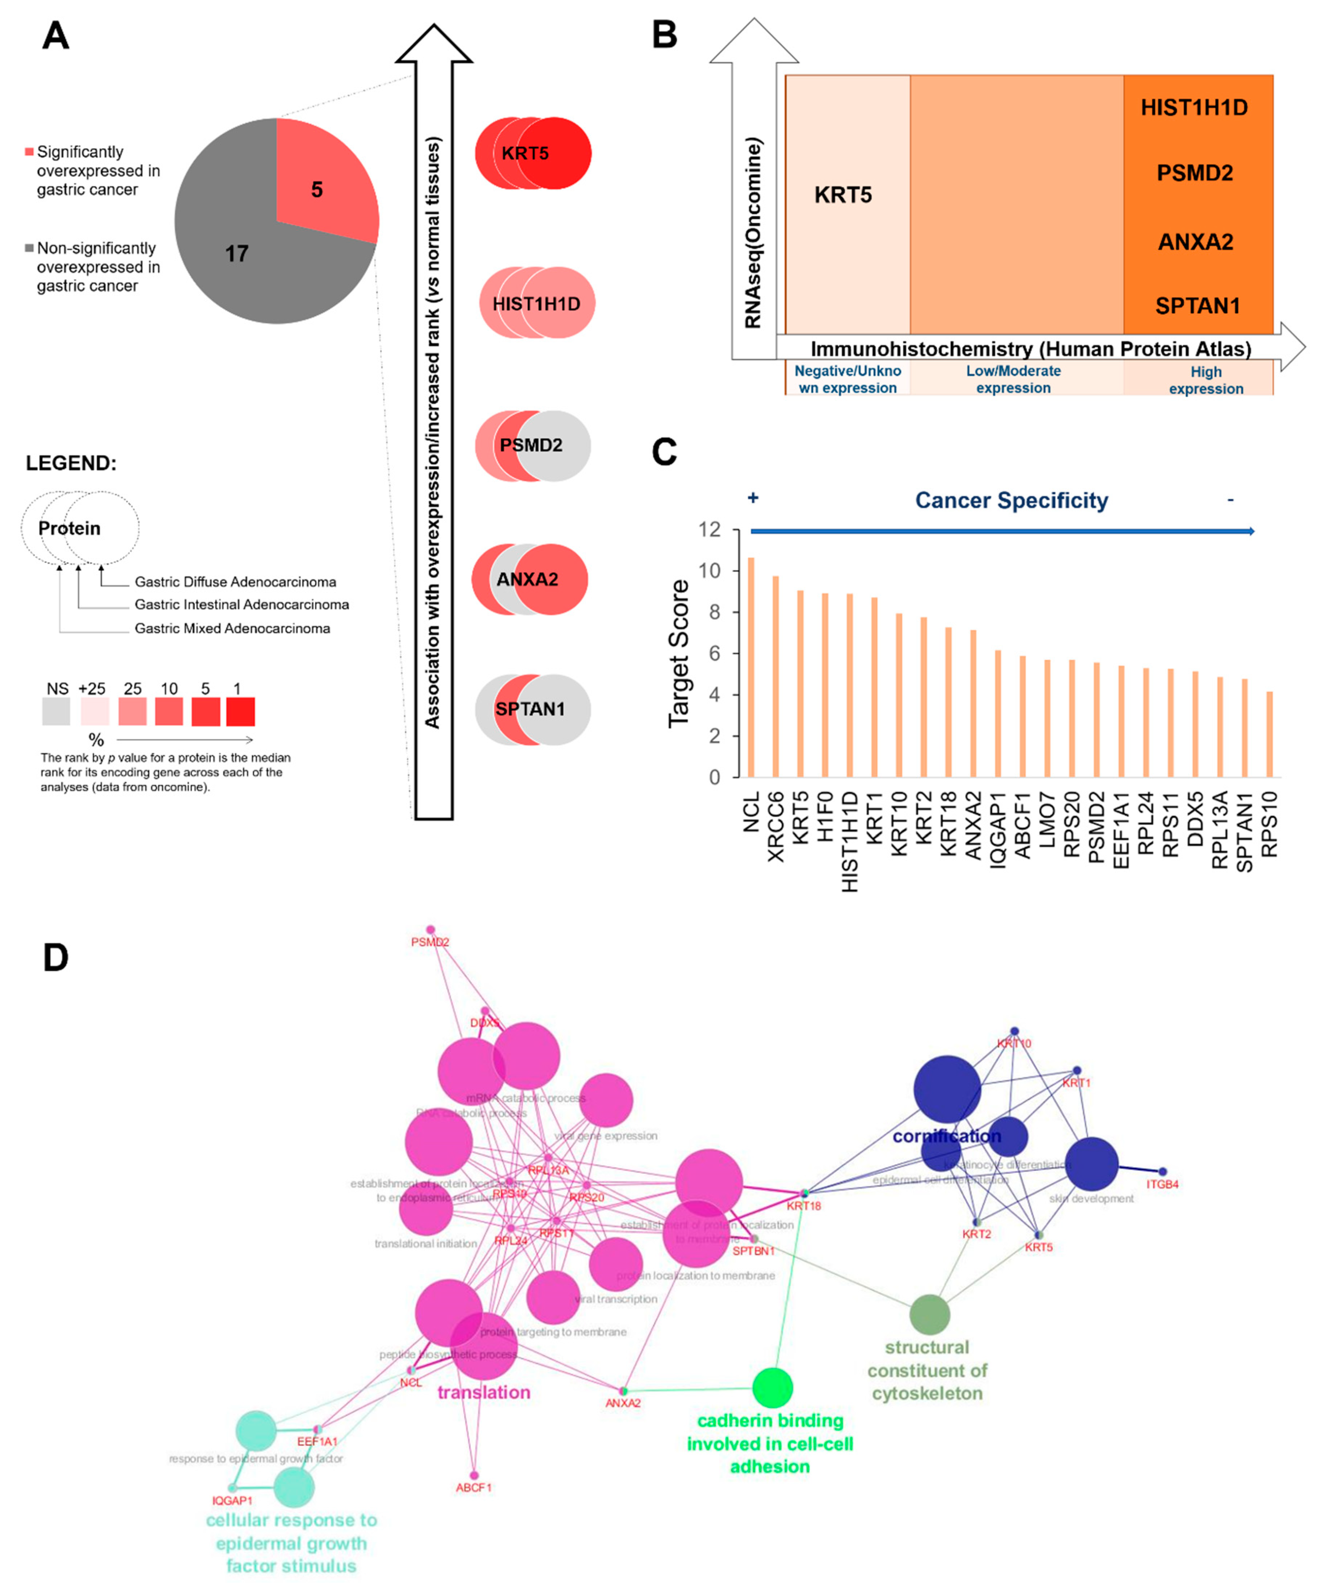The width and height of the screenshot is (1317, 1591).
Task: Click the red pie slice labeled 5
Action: coord(322,182)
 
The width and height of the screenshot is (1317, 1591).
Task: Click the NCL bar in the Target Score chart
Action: coord(750,667)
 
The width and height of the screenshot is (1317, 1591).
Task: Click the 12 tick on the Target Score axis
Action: coord(710,530)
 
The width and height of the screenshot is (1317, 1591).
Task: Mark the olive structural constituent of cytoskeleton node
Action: coord(929,1315)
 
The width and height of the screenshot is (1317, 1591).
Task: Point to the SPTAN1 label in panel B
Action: coord(1197,306)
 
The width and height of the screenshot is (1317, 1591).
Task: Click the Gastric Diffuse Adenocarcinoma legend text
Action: coord(235,582)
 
